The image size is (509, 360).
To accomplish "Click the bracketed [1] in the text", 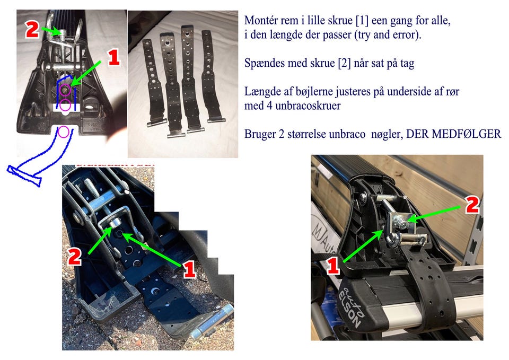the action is coord(362,21).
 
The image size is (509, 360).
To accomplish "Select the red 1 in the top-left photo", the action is coord(113,58).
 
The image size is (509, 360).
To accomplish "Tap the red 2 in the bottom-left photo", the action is coord(75,257).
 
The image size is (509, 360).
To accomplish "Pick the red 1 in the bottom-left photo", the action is coord(189,269).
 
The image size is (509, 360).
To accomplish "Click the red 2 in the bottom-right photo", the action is coord(472,205).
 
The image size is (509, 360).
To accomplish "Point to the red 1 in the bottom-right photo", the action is coord(334,265).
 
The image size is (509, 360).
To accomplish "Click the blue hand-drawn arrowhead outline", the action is coord(24,175).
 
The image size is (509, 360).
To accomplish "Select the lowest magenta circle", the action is coord(63,132).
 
